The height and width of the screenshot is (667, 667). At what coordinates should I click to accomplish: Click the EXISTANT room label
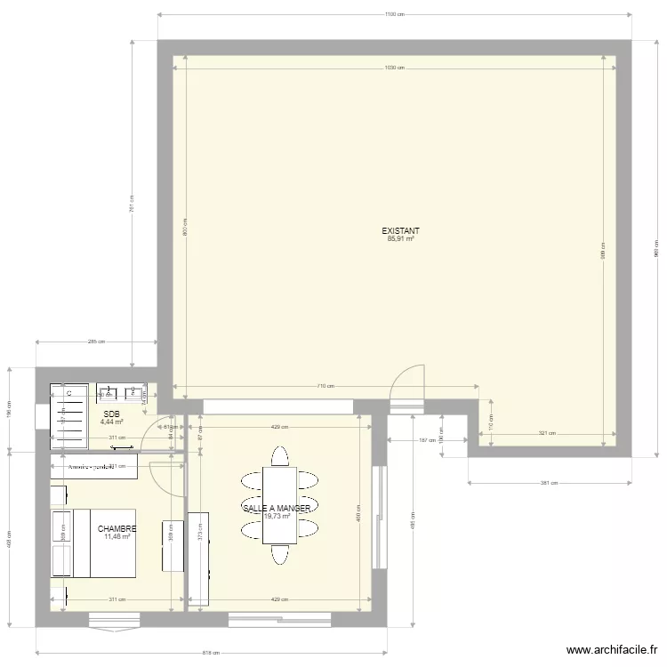pyautogui.click(x=400, y=230)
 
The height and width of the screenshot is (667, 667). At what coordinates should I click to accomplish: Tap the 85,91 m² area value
pyautogui.click(x=400, y=238)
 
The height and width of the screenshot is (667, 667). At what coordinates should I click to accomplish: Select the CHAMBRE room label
pyautogui.click(x=117, y=528)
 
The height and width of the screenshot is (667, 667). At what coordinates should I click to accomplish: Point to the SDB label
pyautogui.click(x=111, y=414)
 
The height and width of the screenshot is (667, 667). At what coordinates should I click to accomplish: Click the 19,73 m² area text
pyautogui.click(x=277, y=516)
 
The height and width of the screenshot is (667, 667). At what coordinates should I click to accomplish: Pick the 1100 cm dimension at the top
pyautogui.click(x=395, y=14)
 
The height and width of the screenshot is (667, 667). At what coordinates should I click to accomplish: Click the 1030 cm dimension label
pyautogui.click(x=395, y=68)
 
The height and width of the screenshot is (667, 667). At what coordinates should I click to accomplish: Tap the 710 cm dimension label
pyautogui.click(x=325, y=386)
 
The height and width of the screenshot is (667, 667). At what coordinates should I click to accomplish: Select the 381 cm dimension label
pyautogui.click(x=549, y=483)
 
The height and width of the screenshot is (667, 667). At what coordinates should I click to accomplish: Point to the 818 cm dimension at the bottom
pyautogui.click(x=211, y=653)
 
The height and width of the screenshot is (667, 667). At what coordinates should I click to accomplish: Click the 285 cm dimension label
pyautogui.click(x=96, y=342)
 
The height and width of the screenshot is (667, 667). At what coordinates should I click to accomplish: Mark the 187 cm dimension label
pyautogui.click(x=427, y=440)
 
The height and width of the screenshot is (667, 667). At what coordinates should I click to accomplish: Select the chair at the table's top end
pyautogui.click(x=279, y=457)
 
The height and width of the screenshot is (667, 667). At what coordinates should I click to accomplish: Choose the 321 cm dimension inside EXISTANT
pyautogui.click(x=546, y=433)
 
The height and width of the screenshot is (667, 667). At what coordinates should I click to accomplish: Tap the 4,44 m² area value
pyautogui.click(x=111, y=422)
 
